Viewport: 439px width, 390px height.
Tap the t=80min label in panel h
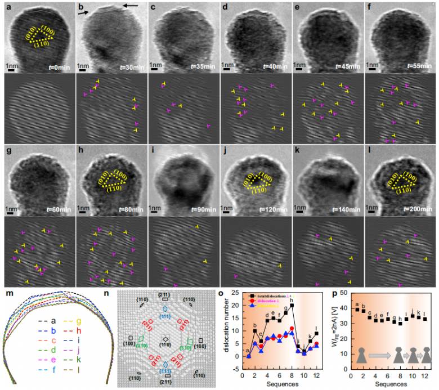pyautogui.click(x=130, y=213)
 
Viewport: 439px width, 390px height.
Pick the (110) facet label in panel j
pyautogui.click(x=259, y=190)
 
